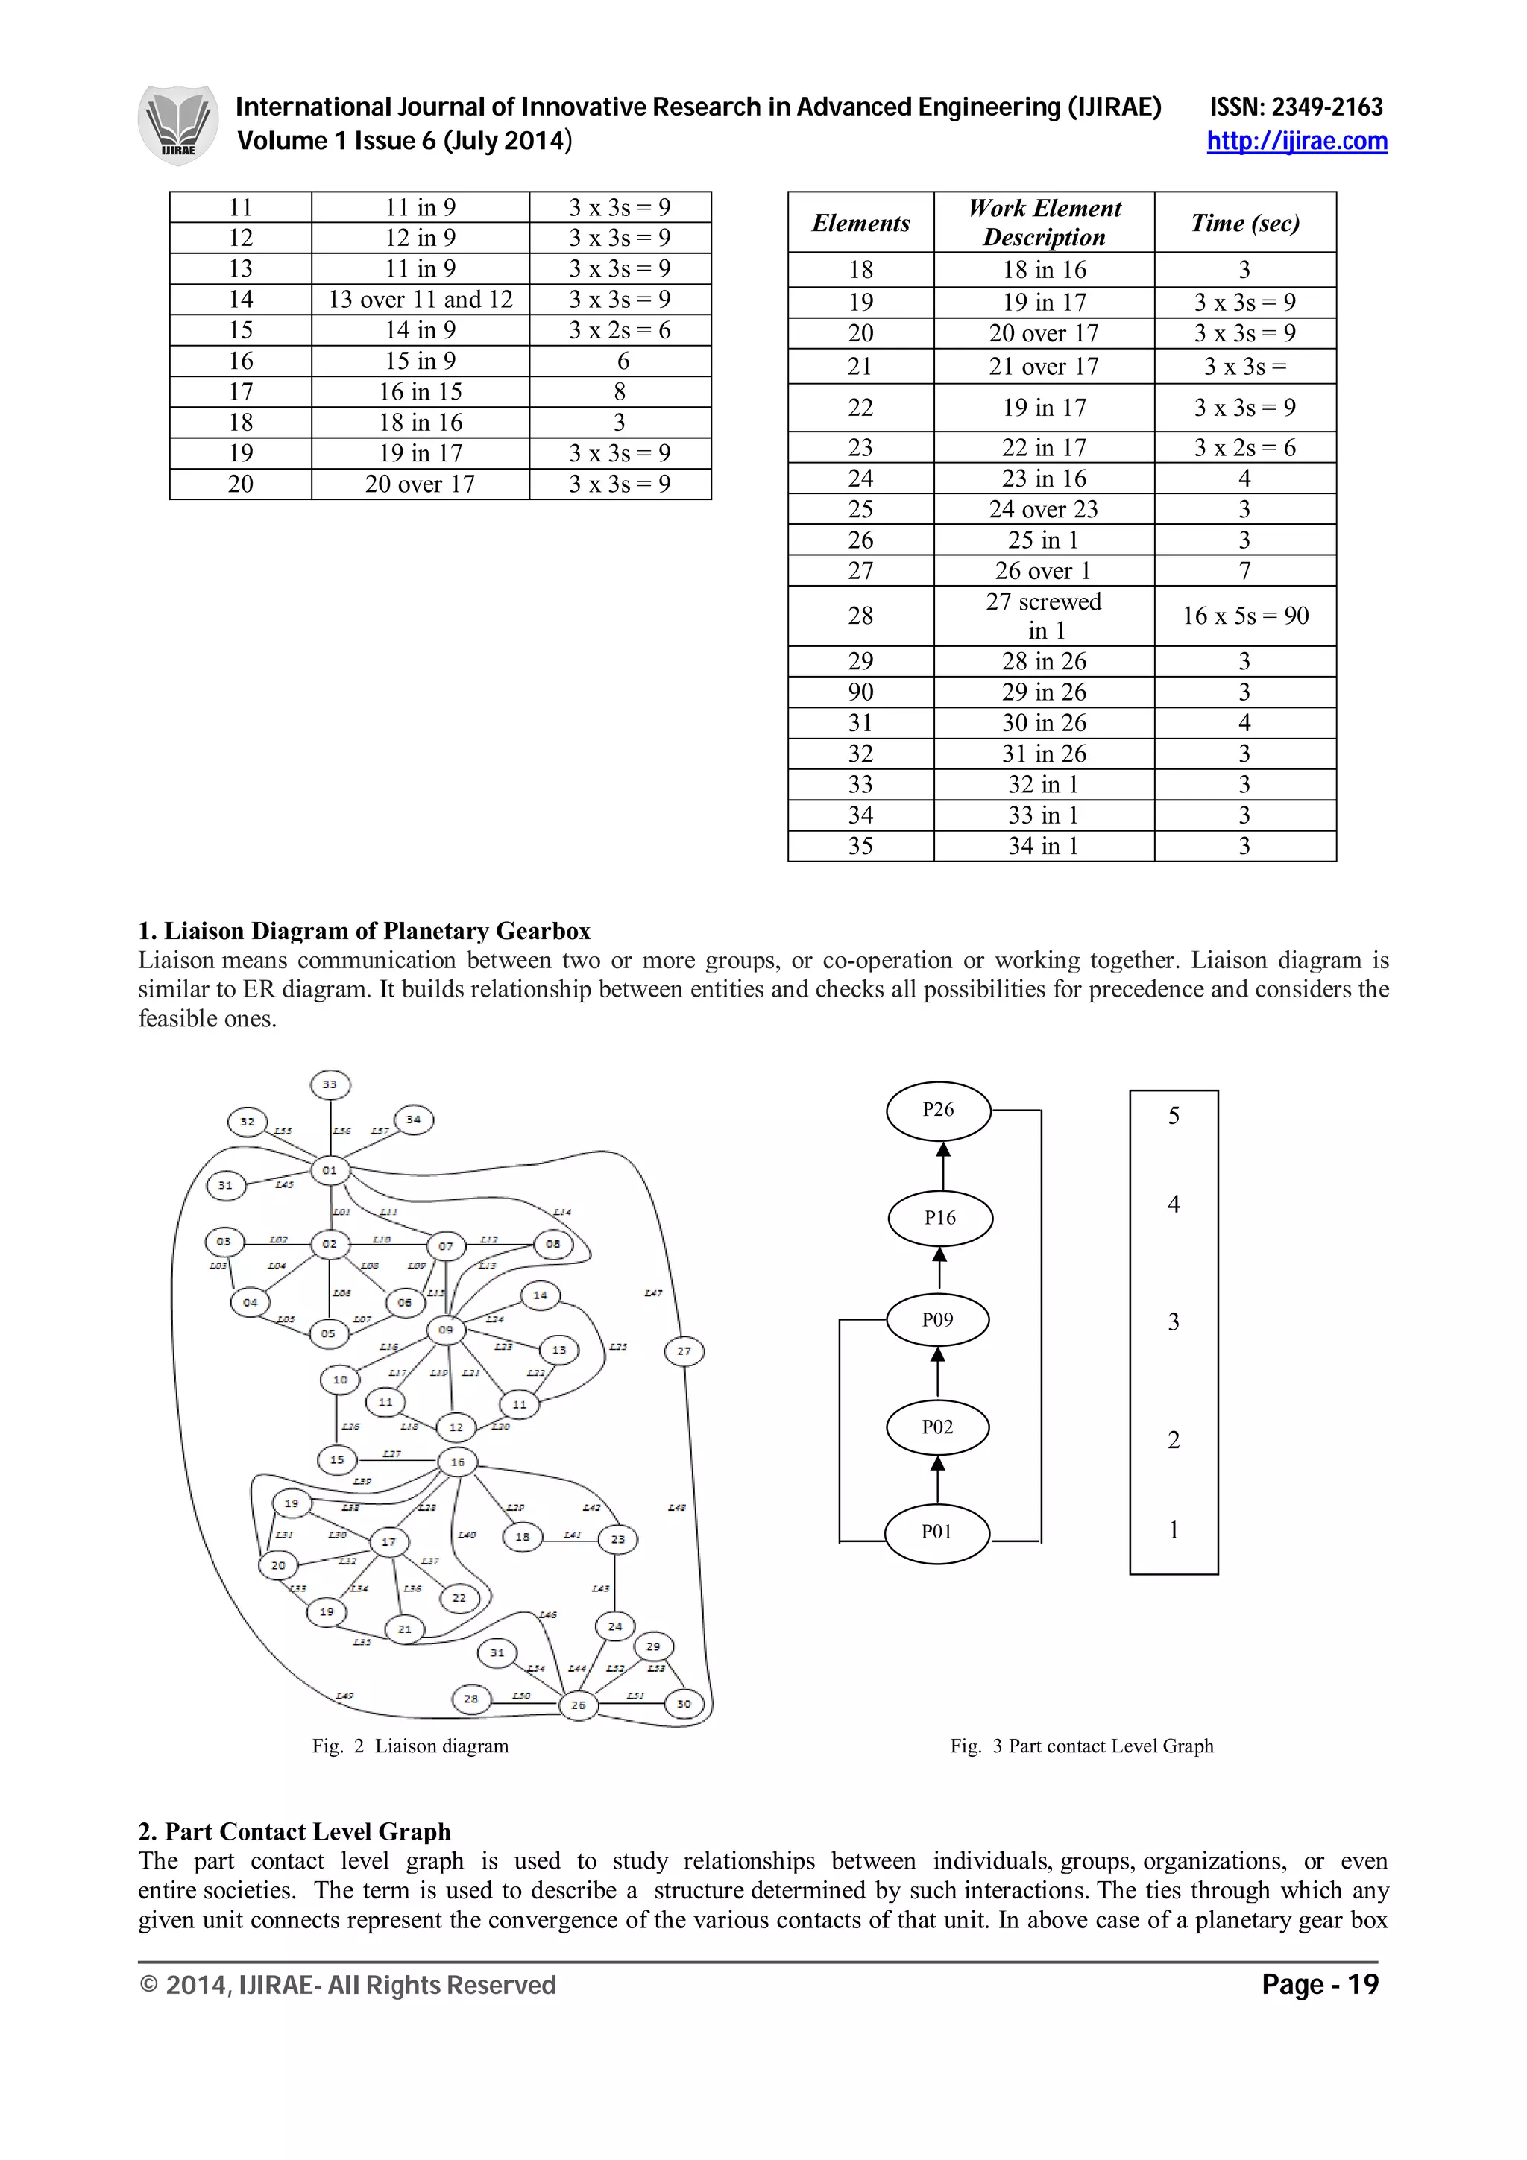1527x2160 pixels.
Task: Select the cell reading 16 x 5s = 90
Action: point(1244,616)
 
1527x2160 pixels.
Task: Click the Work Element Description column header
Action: point(1045,222)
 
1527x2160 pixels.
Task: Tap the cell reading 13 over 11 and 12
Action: point(420,299)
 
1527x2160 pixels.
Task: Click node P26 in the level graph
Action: point(938,1110)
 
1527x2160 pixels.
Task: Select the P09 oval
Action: point(937,1320)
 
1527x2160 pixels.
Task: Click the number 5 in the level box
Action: point(1174,1117)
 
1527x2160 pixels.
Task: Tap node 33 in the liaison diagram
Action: point(330,1084)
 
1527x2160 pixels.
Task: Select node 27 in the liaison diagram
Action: point(684,1352)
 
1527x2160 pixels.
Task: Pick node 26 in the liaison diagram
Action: point(578,1705)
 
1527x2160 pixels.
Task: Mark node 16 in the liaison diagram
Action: point(457,1462)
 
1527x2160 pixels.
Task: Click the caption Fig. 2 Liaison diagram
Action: point(410,1746)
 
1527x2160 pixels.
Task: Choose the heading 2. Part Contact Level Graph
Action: point(295,1831)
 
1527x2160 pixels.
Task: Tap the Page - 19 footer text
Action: point(1319,1985)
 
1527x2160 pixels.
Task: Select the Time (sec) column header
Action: point(1244,222)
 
